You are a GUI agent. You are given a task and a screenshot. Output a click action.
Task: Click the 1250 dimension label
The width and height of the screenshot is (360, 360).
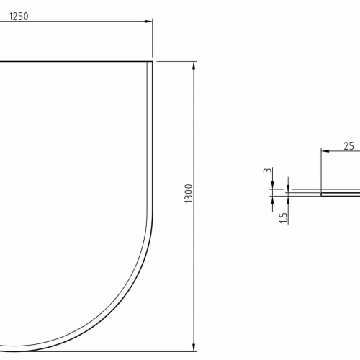click(19, 17)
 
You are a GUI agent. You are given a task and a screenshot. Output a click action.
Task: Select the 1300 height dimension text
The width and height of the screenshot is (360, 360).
click(189, 194)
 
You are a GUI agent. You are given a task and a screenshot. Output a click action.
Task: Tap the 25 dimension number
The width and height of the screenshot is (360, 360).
click(348, 146)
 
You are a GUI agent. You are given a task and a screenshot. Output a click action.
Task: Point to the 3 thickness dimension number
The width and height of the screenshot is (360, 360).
click(267, 170)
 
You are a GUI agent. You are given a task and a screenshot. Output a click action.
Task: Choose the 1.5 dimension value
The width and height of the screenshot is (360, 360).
click(283, 218)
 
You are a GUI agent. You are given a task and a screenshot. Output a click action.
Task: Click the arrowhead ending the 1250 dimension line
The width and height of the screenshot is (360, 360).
click(148, 22)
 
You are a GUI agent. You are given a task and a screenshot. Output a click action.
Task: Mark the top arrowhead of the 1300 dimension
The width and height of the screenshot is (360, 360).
click(194, 66)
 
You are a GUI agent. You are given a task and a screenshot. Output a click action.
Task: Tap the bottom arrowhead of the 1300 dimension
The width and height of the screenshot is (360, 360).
click(194, 348)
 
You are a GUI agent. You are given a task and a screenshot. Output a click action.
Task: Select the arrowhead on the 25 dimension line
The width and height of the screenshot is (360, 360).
click(325, 151)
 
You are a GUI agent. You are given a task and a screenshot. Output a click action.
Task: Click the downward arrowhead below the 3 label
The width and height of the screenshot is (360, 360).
click(272, 185)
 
